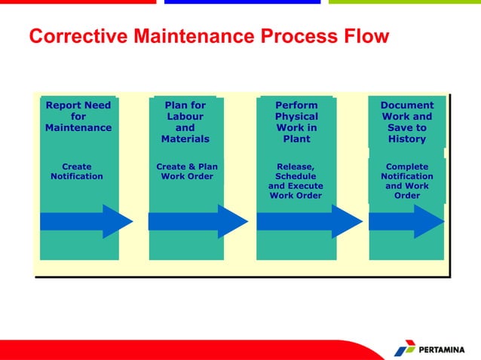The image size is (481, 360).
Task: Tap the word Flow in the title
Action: click(364, 36)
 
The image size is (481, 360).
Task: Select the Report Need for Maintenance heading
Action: click(78, 117)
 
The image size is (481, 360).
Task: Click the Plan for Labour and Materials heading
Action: click(185, 122)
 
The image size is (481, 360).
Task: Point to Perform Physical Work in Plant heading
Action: click(296, 122)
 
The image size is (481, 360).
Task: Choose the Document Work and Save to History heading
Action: click(407, 122)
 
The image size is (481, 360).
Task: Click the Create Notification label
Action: click(77, 172)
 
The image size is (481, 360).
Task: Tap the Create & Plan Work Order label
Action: click(186, 172)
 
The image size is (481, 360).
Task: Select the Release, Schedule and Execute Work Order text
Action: click(296, 182)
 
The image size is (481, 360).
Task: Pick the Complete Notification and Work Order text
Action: click(407, 182)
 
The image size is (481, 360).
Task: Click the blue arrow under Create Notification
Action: click(85, 221)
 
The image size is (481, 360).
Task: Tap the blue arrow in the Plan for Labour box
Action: click(197, 221)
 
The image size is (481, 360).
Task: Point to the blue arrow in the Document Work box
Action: click(406, 221)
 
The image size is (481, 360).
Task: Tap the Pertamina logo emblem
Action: click(405, 348)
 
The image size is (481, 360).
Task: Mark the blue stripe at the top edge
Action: click(242, 2)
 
